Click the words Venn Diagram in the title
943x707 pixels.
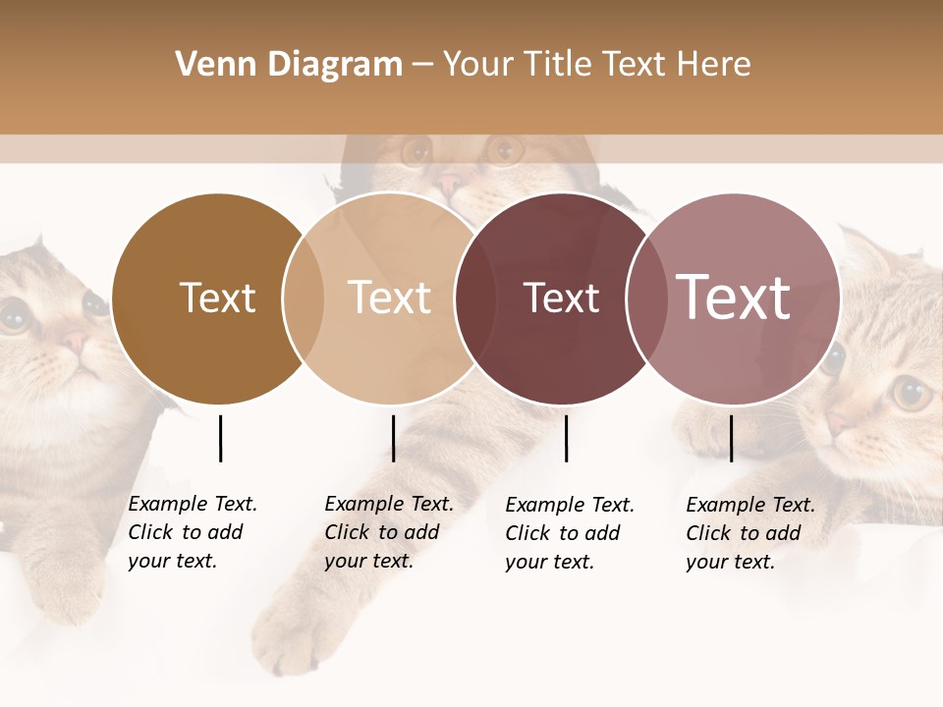(289, 65)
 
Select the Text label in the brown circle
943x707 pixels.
(217, 298)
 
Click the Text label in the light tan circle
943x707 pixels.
(390, 298)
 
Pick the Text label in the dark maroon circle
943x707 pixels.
(561, 298)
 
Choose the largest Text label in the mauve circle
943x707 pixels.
(733, 298)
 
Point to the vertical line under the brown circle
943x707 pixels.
(220, 438)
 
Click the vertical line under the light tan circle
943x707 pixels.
(393, 438)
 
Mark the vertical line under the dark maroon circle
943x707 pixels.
(566, 438)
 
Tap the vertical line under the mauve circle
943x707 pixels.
(731, 438)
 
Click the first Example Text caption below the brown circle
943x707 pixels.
(193, 532)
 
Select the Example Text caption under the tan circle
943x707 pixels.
(389, 532)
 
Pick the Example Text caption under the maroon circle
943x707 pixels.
(570, 533)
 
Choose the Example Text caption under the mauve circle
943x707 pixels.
(750, 533)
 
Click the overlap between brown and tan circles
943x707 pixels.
(304, 299)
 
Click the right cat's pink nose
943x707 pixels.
(837, 422)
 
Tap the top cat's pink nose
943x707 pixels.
(450, 182)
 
